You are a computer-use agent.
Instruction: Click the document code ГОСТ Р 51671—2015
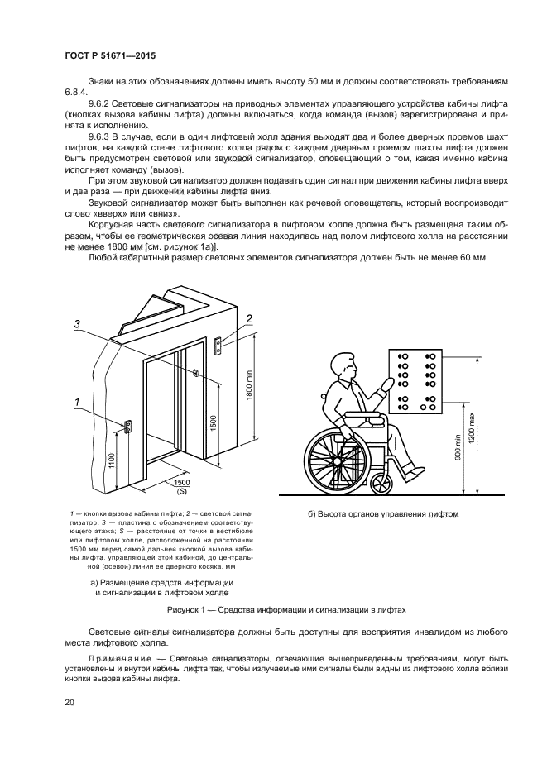(110, 55)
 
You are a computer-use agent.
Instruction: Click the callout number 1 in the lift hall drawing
(77, 403)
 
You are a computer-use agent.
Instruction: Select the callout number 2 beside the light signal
(248, 318)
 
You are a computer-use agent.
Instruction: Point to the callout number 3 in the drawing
(76, 324)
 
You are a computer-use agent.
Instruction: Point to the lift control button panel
(417, 380)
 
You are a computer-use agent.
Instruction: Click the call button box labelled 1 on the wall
(128, 427)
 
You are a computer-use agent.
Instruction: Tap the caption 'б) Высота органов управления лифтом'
(382, 514)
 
